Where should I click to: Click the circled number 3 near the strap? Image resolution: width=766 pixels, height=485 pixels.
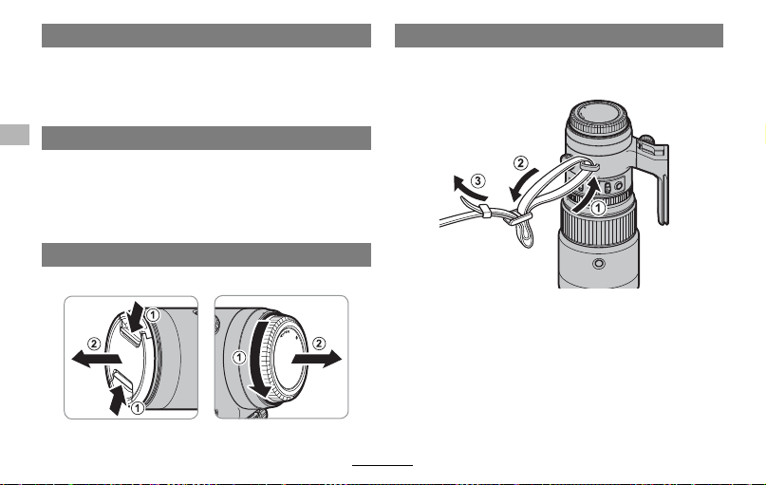[477, 181]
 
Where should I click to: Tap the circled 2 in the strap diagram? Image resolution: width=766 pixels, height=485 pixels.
[521, 162]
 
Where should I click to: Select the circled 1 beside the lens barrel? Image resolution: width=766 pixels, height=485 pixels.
[598, 208]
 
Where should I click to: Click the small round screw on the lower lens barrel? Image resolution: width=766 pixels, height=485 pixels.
[598, 264]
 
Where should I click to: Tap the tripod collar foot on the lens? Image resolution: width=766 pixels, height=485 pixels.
[656, 179]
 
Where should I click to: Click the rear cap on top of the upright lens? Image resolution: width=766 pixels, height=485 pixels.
[599, 118]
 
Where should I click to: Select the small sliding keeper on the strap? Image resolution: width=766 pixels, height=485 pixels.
[485, 212]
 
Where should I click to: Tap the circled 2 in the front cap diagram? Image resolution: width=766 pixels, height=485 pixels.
[94, 344]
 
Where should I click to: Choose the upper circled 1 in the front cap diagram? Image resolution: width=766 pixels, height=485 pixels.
[153, 315]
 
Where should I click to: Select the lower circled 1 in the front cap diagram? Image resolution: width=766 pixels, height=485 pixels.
[138, 407]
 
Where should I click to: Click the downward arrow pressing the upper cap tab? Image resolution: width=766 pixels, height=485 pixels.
[136, 315]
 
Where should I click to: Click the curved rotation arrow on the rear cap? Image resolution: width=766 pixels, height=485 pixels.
[259, 361]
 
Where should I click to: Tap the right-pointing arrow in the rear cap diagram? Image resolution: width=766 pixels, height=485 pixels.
[317, 359]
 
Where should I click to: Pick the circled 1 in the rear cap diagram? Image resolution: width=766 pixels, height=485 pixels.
[239, 358]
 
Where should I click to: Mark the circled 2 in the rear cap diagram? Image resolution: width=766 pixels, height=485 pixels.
[319, 344]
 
